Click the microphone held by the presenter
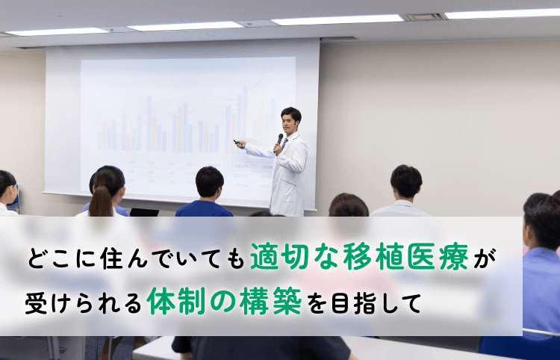280,140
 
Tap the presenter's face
290,122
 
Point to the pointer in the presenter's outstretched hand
237,141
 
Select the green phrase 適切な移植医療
361,258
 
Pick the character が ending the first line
488,259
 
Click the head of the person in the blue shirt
209,182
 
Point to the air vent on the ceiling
426,16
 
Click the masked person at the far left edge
7,191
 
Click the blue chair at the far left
16,197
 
